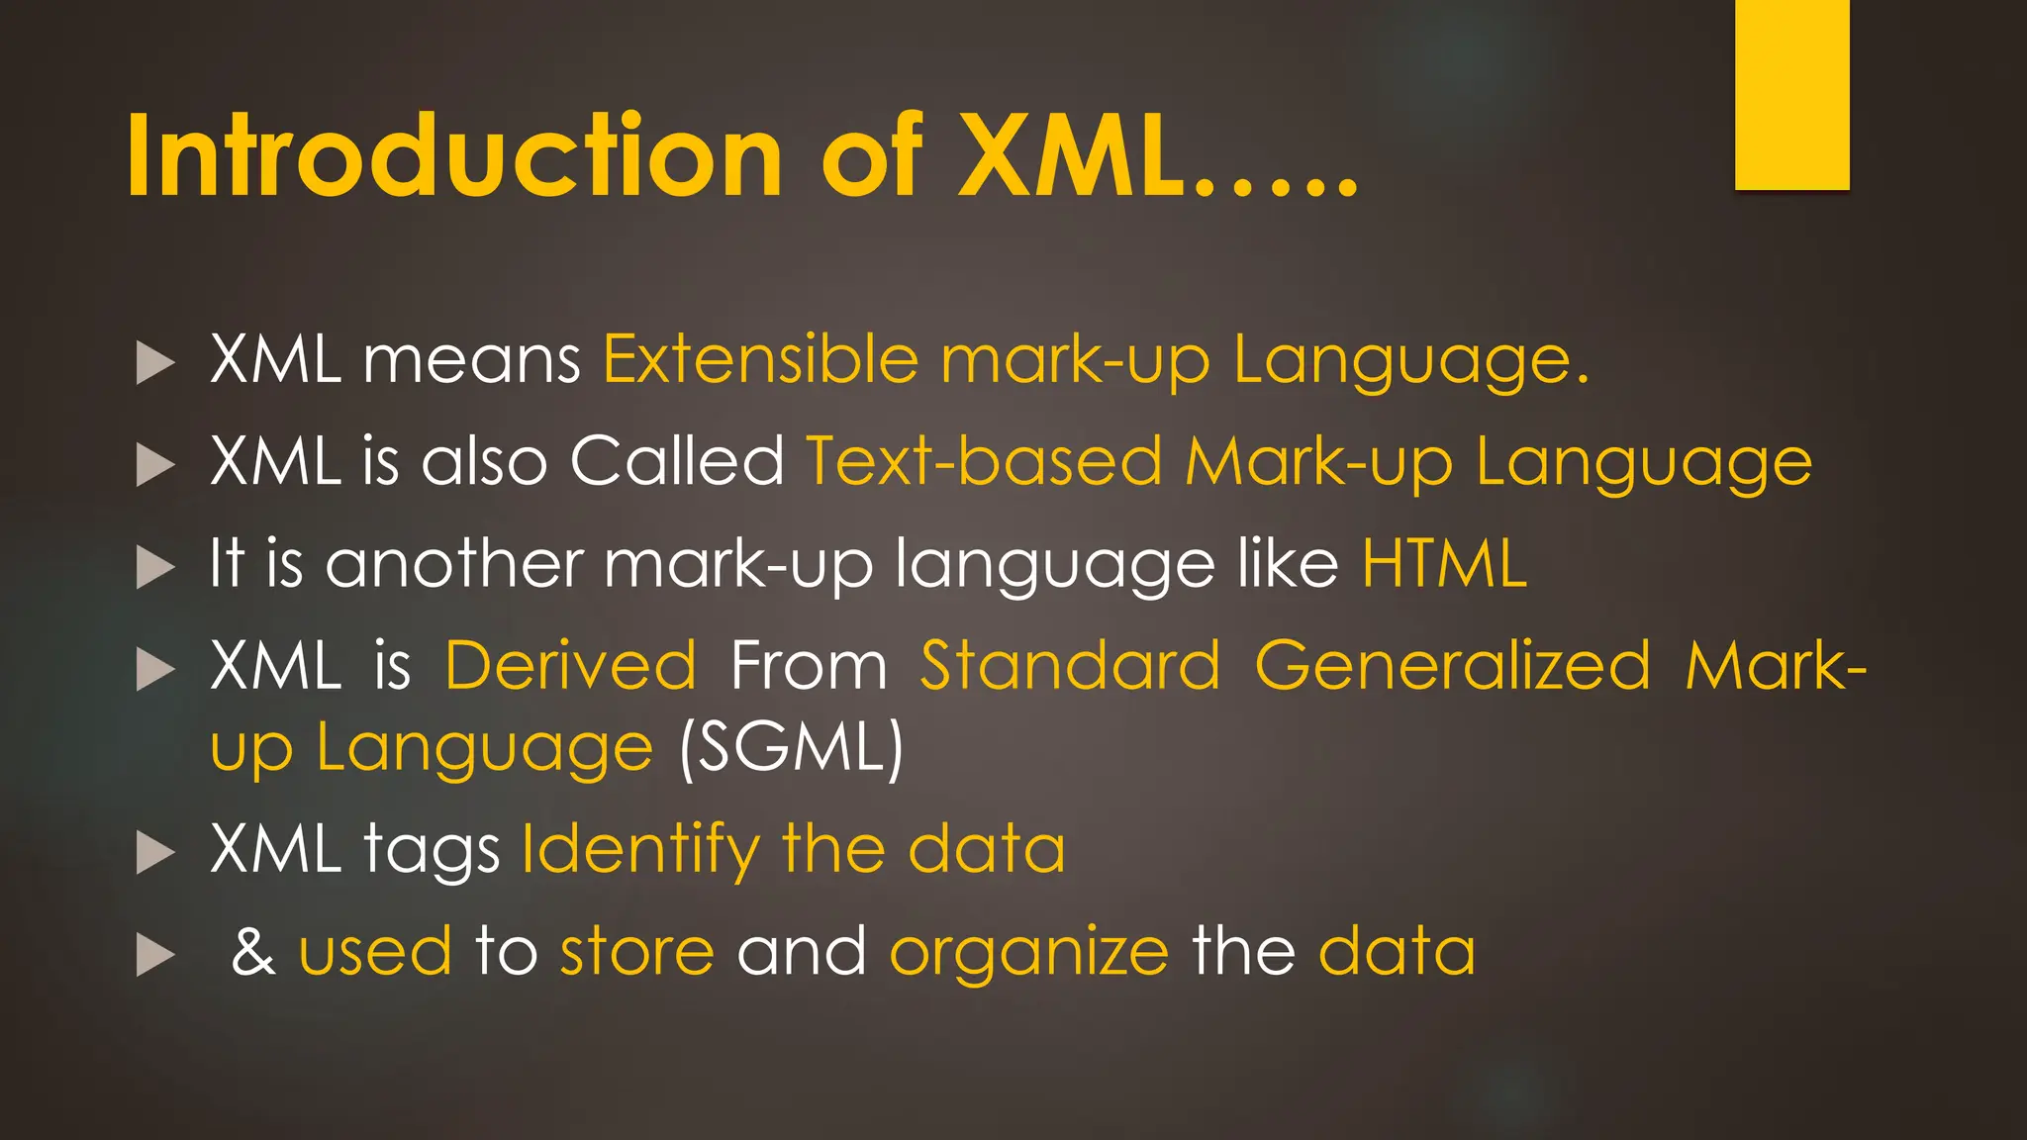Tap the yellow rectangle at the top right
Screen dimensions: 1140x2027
click(x=1791, y=94)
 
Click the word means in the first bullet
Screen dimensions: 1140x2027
click(x=472, y=360)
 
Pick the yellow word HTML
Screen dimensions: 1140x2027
click(x=1444, y=564)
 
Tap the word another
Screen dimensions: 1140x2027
click(x=454, y=564)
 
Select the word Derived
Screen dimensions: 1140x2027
click(x=571, y=666)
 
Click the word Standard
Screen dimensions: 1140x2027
click(x=1070, y=666)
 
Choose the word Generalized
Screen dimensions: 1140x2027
click(x=1452, y=666)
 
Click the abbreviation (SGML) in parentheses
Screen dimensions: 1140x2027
click(x=791, y=748)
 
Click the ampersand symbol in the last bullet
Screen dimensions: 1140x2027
click(x=253, y=952)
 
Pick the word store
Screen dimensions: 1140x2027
click(x=636, y=952)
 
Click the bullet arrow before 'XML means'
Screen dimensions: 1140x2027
click(x=155, y=362)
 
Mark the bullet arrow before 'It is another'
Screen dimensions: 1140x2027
click(x=155, y=567)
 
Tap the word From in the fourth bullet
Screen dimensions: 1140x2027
click(x=809, y=666)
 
